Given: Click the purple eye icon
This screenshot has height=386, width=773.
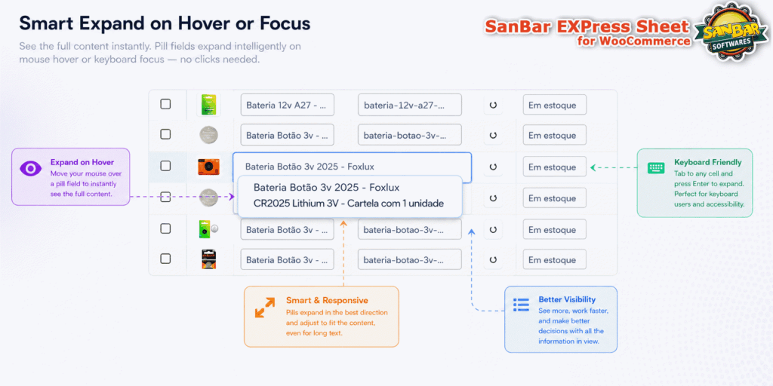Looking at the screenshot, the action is pos(30,168).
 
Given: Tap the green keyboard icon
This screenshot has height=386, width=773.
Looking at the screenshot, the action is pos(656,168).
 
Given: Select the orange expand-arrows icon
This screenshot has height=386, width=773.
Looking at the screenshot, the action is pos(265,308).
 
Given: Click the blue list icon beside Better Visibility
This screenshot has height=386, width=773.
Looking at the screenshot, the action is pos(521,305).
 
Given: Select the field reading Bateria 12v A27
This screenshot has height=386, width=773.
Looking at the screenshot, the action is pos(287,105).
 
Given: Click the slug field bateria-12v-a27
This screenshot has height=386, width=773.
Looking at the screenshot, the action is pos(410,105).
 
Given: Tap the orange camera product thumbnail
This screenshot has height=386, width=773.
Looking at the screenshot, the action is pos(208,167).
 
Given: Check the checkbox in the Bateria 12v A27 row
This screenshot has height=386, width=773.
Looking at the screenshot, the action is pos(165,104).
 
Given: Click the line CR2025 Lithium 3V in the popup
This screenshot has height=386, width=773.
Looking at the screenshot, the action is pos(349,203).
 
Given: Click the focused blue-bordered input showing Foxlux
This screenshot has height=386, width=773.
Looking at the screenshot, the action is pos(352,167).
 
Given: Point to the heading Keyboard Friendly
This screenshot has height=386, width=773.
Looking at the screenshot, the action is pos(707,163).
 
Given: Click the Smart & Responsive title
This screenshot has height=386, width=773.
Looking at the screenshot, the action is pos(327,300).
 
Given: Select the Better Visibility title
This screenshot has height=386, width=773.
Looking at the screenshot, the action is pos(567,299).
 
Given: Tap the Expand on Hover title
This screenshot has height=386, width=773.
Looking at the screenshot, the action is pos(82,162).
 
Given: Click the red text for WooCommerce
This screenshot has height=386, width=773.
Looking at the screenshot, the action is pos(633,41).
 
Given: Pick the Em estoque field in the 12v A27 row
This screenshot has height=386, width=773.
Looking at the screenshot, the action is pos(555,105).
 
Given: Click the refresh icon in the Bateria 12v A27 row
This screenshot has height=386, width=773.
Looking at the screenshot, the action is pos(492,105).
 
